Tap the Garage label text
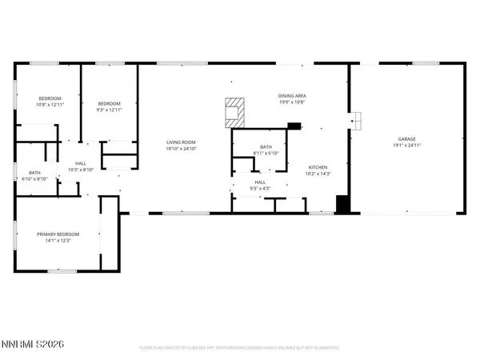click(x=406, y=138)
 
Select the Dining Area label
click(x=292, y=94)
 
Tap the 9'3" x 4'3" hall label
click(x=260, y=189)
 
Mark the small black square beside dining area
click(x=294, y=126)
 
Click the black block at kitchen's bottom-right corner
click(x=342, y=204)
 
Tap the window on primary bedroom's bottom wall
click(x=61, y=271)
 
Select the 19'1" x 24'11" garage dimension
click(x=406, y=146)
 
